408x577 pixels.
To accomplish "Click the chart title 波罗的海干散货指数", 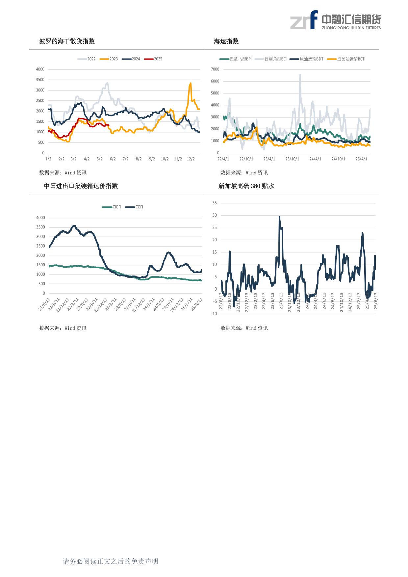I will click(x=67, y=41).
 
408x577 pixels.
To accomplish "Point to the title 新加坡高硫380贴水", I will click(x=246, y=186).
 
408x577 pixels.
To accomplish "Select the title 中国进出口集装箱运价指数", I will click(x=81, y=186).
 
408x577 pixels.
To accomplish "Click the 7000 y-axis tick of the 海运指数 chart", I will click(x=215, y=69).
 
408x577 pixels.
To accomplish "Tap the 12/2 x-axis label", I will click(x=191, y=159).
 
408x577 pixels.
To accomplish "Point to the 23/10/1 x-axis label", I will click(x=292, y=159).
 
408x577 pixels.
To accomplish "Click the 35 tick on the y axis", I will click(x=215, y=203).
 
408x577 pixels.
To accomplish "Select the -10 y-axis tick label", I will click(x=214, y=314).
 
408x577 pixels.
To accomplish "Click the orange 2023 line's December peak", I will click(x=191, y=83).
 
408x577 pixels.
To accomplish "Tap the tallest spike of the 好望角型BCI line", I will click(x=300, y=75).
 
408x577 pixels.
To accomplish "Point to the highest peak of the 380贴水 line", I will click(x=279, y=217).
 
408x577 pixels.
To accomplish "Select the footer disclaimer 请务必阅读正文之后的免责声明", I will click(x=111, y=561).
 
